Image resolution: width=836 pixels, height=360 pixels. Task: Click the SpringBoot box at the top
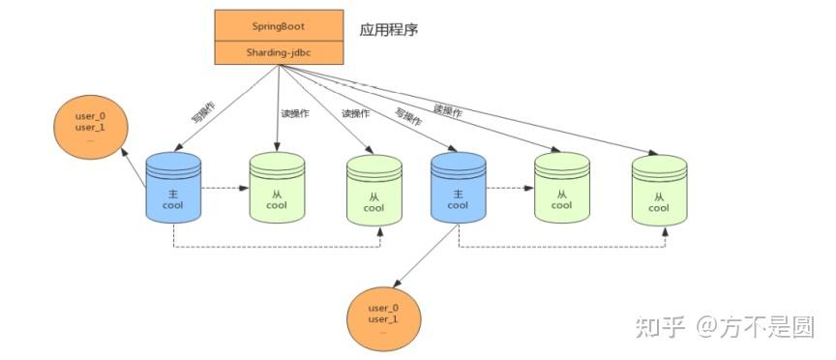coord(279,26)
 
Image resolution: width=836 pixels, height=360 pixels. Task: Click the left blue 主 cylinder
coord(173,190)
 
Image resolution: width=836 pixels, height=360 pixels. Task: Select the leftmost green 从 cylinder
coord(278,190)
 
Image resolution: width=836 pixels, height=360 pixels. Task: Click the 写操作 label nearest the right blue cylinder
coord(408,118)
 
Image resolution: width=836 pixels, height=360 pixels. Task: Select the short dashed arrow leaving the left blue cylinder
coord(224,189)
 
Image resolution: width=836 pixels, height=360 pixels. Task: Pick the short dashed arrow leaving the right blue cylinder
coord(509,189)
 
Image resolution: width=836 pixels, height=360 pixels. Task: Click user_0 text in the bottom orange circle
coord(383,307)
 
